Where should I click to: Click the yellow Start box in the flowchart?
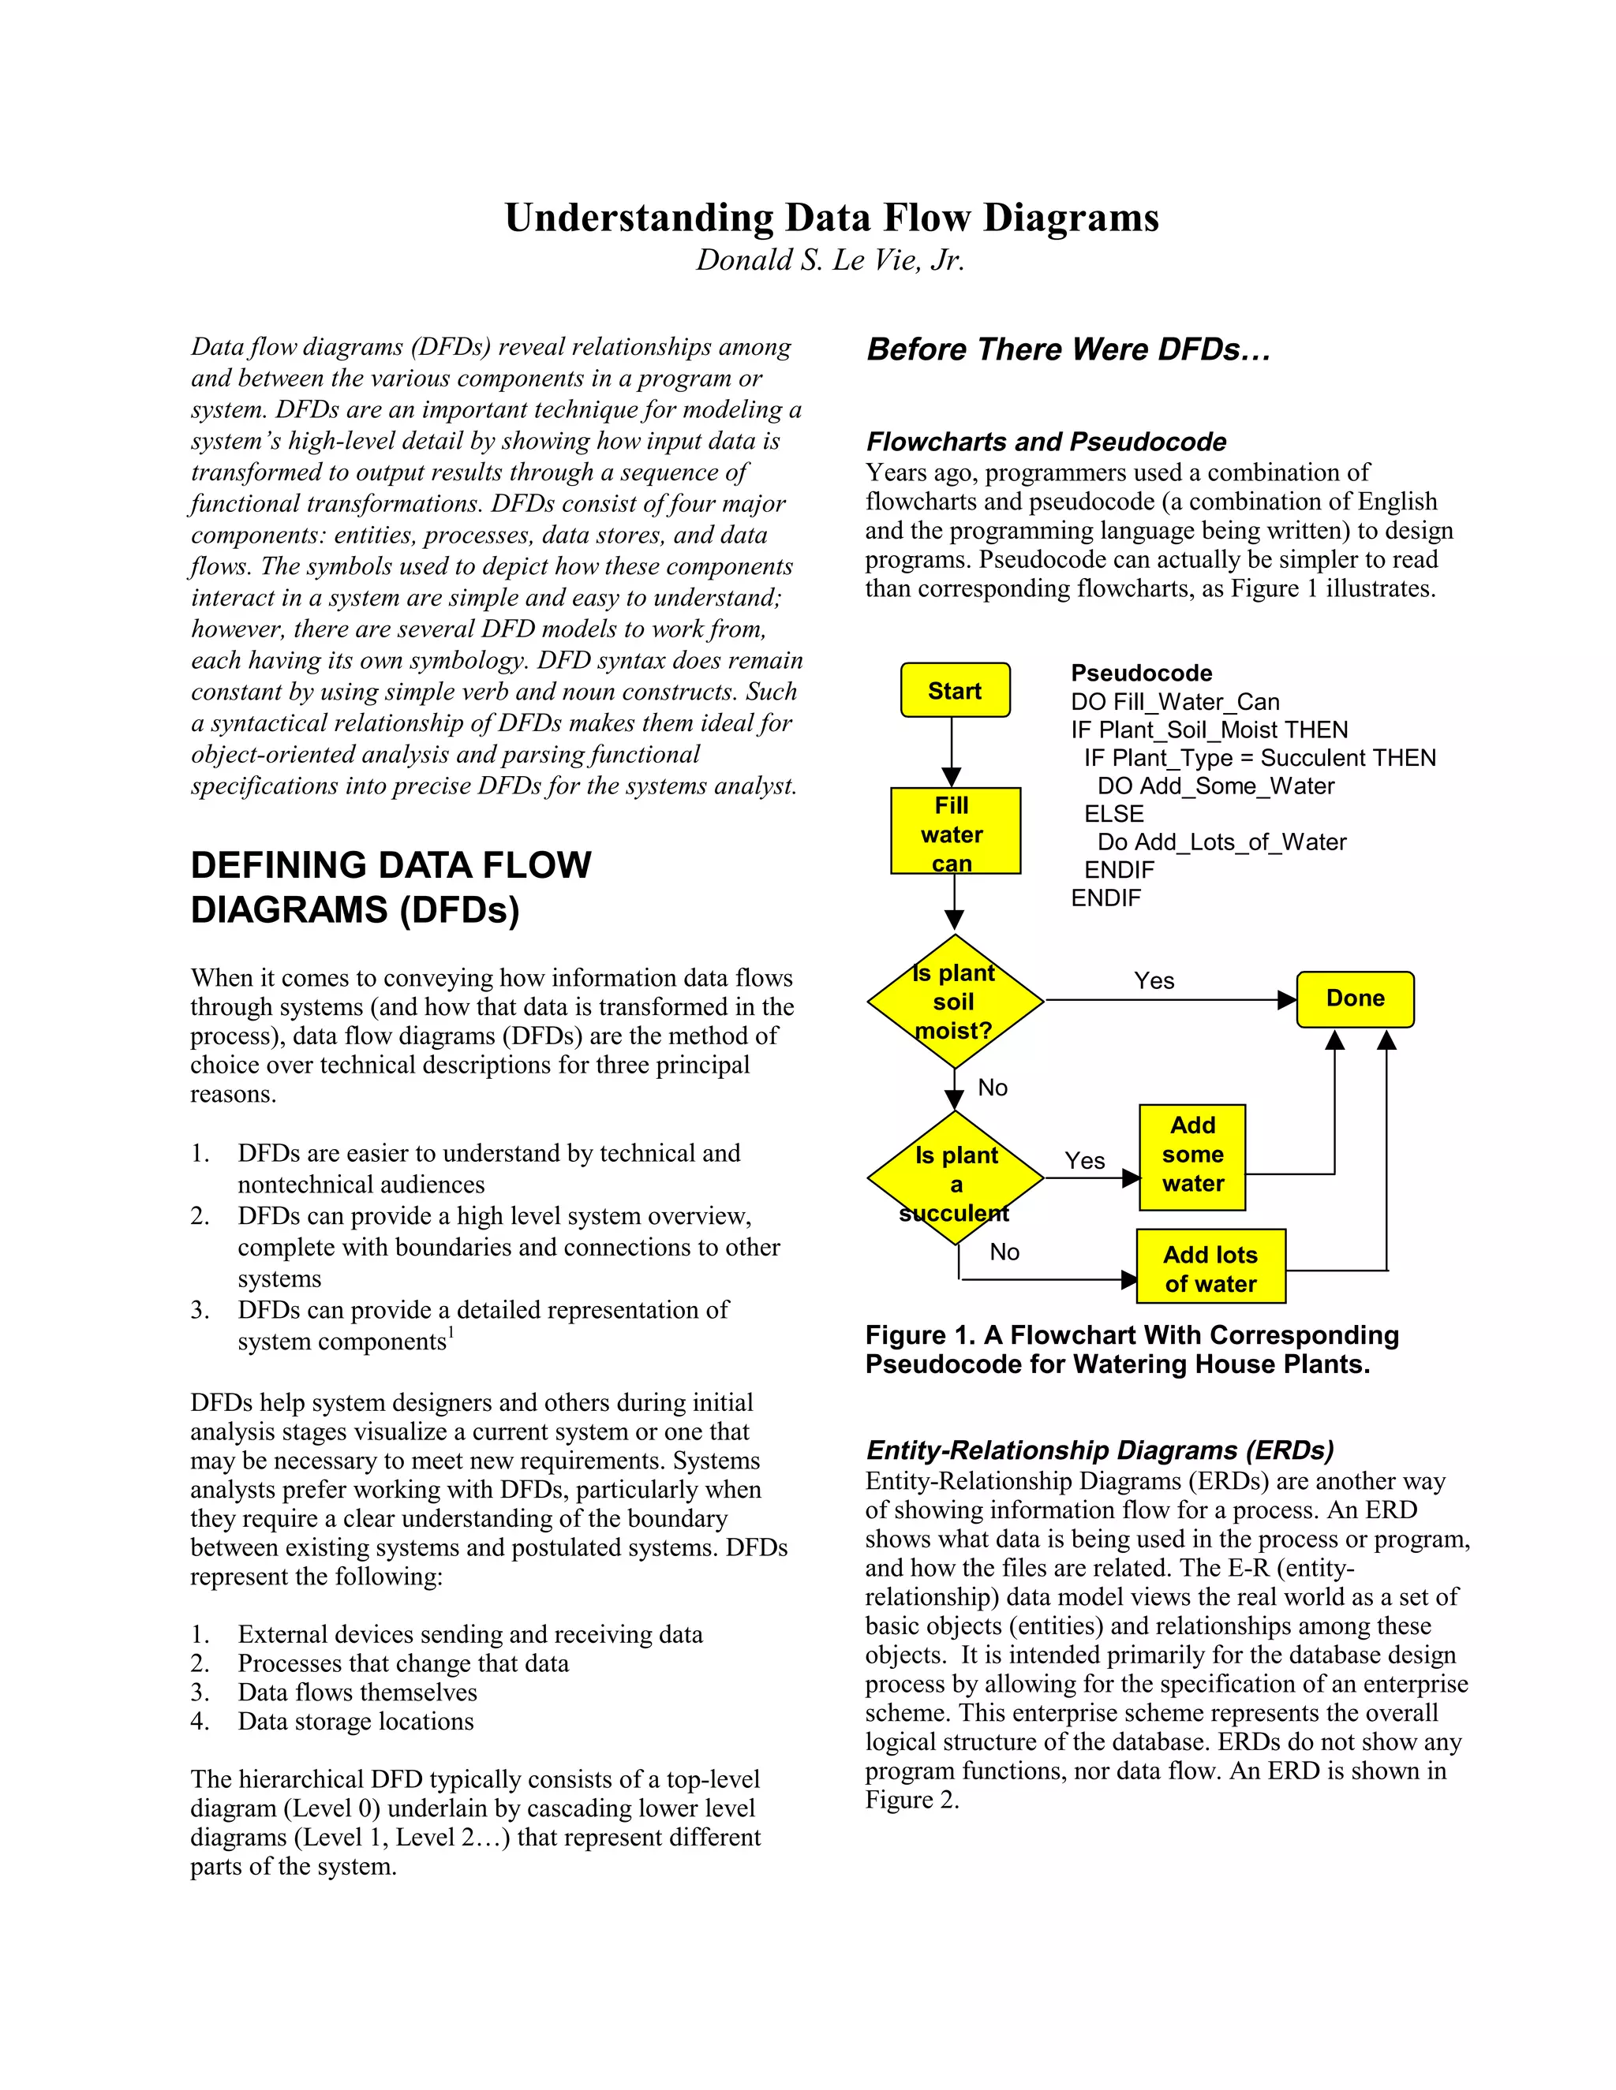(955, 690)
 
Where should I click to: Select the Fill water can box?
(955, 830)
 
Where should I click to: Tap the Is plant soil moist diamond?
(955, 1001)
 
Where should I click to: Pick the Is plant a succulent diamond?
(955, 1179)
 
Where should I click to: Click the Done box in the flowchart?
(1355, 999)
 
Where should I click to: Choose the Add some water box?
(1192, 1155)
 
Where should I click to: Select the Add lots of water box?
(1210, 1268)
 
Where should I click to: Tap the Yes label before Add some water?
(1085, 1161)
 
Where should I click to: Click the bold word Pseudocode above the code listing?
(1141, 673)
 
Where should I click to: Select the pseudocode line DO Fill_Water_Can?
(1175, 701)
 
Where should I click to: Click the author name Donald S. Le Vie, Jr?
(830, 260)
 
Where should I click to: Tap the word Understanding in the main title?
(638, 218)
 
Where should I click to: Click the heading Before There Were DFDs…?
(1068, 350)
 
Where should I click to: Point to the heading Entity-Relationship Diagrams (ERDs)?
(1099, 1450)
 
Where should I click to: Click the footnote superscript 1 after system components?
(451, 1332)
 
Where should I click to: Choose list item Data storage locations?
(355, 1722)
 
